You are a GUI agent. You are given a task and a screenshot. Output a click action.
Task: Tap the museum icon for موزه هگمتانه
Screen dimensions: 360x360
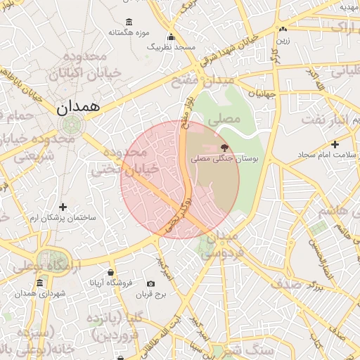(x=127, y=22)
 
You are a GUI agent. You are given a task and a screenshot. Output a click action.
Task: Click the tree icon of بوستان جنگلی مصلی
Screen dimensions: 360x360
(x=224, y=148)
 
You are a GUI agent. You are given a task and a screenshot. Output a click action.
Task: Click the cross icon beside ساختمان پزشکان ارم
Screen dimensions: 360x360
(x=63, y=207)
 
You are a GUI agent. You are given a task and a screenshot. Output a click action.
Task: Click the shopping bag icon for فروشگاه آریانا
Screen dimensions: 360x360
(x=110, y=272)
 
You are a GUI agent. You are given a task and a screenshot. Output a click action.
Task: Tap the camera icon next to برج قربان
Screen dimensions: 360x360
(x=150, y=283)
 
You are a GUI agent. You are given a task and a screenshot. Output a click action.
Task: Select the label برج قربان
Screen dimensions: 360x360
(x=149, y=295)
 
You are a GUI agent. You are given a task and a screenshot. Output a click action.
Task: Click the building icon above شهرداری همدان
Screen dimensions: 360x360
(x=41, y=282)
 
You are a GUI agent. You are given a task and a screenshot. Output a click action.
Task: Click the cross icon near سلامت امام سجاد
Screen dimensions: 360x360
(x=335, y=143)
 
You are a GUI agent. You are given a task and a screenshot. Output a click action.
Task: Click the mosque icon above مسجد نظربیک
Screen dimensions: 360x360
(x=170, y=37)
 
